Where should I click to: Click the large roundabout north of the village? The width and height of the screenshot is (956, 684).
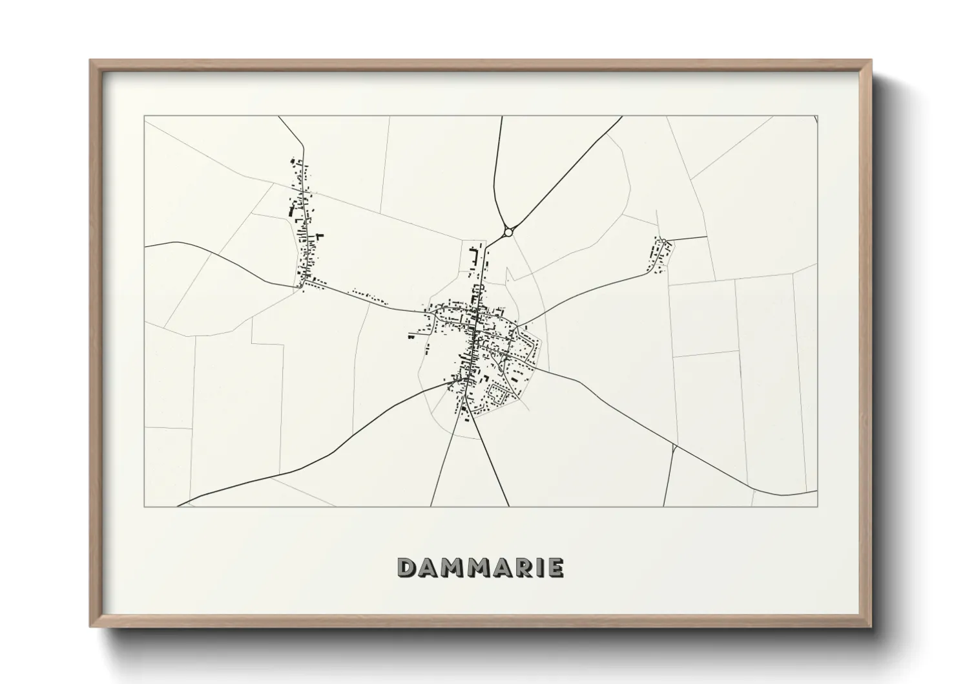pos(508,231)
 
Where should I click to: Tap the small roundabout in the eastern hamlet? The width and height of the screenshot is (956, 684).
pos(663,241)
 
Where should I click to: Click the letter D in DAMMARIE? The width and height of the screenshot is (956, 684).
pos(408,568)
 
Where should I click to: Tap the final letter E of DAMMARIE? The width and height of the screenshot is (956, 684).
pos(554,568)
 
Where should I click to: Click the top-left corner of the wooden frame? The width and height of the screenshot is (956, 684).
pos(91,61)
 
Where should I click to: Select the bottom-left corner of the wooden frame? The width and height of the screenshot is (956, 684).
pos(91,626)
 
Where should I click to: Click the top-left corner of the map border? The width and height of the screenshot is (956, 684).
pos(144,116)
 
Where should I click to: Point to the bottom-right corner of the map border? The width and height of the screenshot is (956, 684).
pos(818,506)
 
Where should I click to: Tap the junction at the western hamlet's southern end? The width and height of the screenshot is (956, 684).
pos(301,286)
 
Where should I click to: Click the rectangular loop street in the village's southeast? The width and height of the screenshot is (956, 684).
pos(498,393)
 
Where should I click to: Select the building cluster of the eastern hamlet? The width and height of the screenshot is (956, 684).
pos(658,256)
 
